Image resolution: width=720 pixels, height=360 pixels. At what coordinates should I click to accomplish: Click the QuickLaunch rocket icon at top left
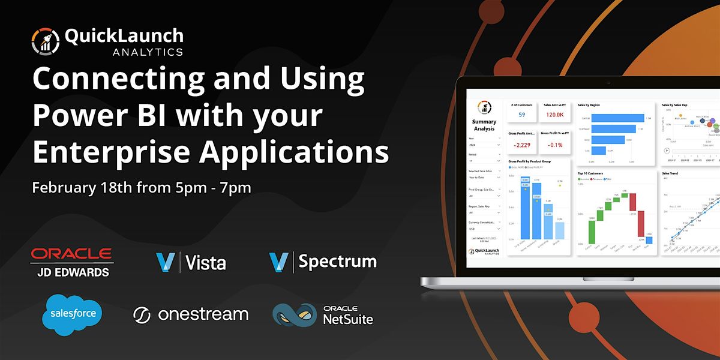(46, 41)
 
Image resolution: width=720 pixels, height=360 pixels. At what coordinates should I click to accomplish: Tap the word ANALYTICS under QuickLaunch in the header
(148, 52)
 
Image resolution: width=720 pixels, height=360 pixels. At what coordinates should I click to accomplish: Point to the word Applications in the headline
(294, 151)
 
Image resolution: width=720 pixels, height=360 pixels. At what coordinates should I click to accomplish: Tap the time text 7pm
(235, 187)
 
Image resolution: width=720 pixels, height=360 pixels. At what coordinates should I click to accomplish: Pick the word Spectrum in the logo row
(338, 262)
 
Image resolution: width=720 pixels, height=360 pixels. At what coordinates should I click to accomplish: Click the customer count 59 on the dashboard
(521, 115)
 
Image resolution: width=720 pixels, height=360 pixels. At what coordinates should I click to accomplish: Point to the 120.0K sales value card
(554, 115)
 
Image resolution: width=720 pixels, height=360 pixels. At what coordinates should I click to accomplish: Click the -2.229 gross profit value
(521, 145)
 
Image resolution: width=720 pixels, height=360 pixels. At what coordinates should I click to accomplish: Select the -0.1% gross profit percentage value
(554, 145)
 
